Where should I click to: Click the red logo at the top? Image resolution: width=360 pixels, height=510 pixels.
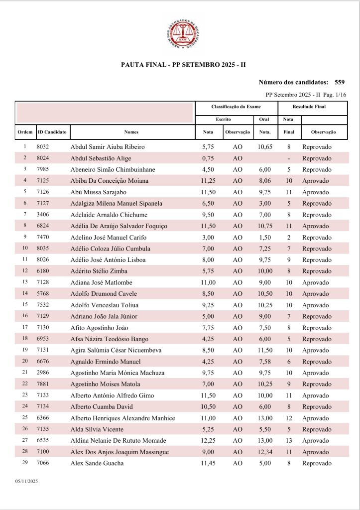click(x=180, y=33)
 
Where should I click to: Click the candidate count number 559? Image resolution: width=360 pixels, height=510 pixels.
click(x=340, y=82)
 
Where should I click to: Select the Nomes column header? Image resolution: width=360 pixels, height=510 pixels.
click(x=131, y=132)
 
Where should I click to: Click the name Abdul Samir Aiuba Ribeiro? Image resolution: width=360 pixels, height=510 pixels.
click(x=108, y=147)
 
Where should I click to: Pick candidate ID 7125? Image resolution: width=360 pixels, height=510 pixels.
click(x=43, y=181)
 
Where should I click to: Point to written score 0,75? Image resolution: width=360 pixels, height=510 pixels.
click(x=208, y=158)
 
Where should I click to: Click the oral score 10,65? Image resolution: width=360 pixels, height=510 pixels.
click(x=265, y=147)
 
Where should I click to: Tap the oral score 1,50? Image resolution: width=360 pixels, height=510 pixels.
click(x=265, y=238)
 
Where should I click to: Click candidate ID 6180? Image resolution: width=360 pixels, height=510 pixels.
click(x=43, y=271)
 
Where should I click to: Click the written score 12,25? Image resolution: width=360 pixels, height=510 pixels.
click(x=208, y=441)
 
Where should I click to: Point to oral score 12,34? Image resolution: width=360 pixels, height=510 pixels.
click(x=265, y=452)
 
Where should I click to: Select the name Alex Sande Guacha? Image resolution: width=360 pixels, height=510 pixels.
click(x=97, y=464)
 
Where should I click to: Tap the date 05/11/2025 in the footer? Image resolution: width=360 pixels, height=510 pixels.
click(x=27, y=482)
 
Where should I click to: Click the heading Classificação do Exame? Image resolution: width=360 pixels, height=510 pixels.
click(x=236, y=107)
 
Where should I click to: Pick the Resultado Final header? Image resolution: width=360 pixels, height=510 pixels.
click(x=309, y=107)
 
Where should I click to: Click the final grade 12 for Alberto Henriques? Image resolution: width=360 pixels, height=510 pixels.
click(x=289, y=418)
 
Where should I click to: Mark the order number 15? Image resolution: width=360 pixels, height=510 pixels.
click(x=25, y=305)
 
